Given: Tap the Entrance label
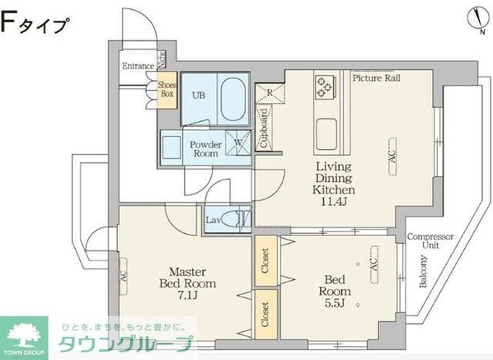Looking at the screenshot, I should (x=139, y=66).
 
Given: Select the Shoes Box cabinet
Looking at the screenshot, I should (x=167, y=89).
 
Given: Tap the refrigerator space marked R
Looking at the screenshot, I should (x=269, y=93).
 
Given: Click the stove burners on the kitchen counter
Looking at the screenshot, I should (x=323, y=86).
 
